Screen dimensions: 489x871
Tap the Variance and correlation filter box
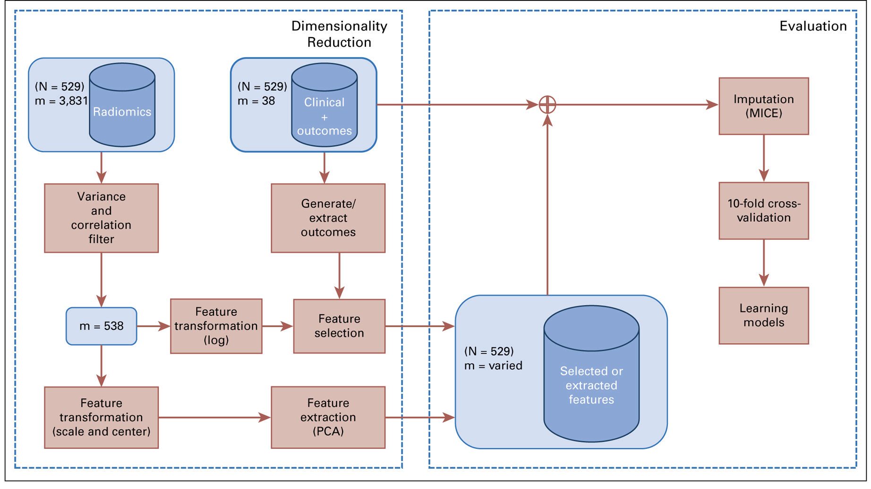click(x=101, y=218)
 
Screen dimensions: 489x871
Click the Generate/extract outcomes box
click(x=328, y=218)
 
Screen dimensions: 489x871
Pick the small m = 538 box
click(x=101, y=326)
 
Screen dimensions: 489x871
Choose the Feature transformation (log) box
click(x=216, y=326)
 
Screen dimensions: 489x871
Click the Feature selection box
click(x=339, y=326)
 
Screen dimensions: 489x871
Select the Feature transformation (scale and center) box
click(x=101, y=417)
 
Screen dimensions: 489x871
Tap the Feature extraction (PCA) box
click(x=328, y=417)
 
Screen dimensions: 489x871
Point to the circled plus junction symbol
click(x=547, y=105)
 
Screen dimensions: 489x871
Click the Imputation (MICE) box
click(x=763, y=106)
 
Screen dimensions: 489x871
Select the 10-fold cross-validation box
click(x=763, y=211)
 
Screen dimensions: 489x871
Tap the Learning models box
click(x=763, y=315)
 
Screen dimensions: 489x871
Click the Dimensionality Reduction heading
click(x=339, y=34)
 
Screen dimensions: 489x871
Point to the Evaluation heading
click(x=813, y=26)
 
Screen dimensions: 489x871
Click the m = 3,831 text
click(x=61, y=101)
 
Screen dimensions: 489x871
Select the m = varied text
click(x=493, y=366)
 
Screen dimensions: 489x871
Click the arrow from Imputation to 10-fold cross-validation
click(x=763, y=159)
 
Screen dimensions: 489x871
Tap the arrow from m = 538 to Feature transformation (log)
click(x=154, y=326)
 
